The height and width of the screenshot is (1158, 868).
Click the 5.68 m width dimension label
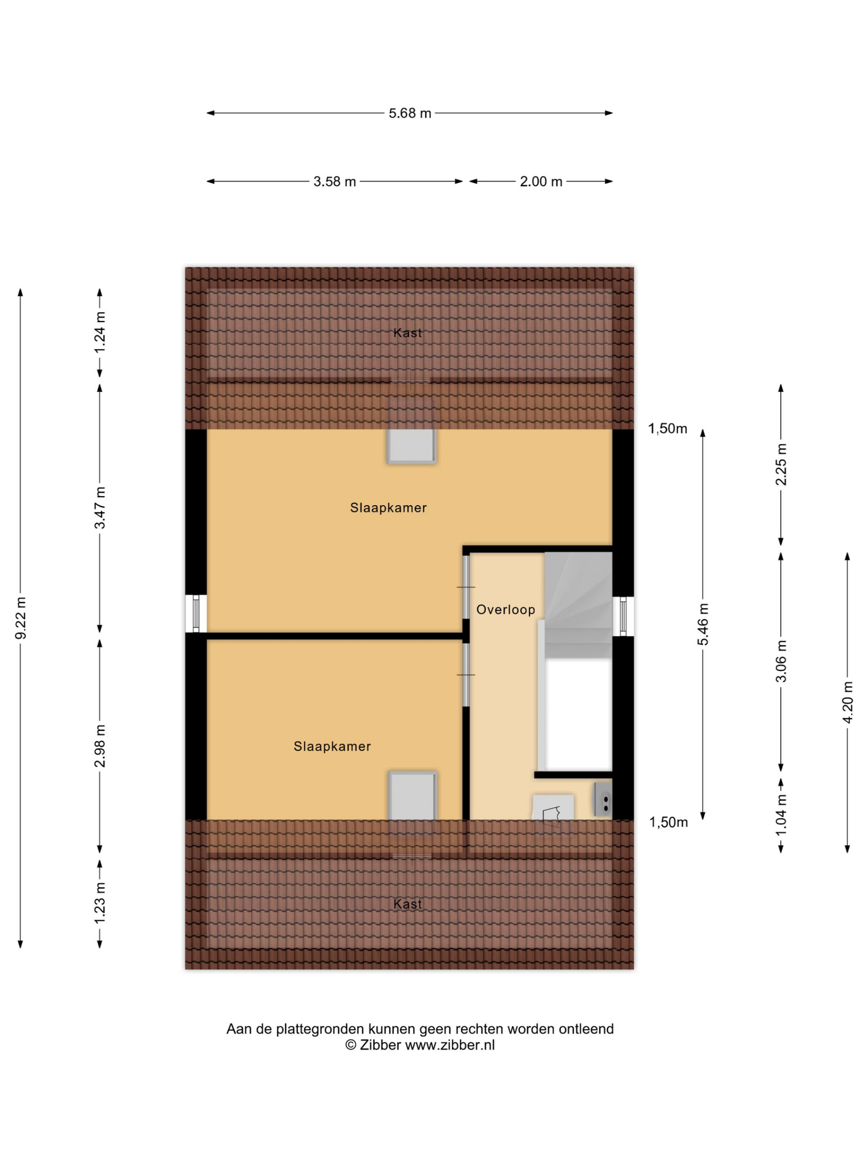(x=410, y=113)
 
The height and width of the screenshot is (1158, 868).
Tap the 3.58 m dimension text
(x=334, y=181)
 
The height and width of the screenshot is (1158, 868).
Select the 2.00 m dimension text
(x=541, y=181)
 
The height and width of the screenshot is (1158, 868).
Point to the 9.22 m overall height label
(x=20, y=618)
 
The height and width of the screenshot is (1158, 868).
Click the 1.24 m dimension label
(x=100, y=333)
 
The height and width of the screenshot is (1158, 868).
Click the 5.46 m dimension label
(x=704, y=624)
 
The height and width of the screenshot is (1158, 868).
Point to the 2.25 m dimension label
(x=781, y=464)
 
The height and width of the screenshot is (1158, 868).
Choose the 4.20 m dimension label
(x=848, y=702)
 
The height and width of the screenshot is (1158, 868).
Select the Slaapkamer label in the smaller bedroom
(x=332, y=746)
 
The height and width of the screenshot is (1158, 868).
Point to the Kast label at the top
(x=408, y=333)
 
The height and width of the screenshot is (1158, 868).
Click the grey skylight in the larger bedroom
(x=412, y=446)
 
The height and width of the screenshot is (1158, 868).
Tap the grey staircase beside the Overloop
(x=578, y=605)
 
